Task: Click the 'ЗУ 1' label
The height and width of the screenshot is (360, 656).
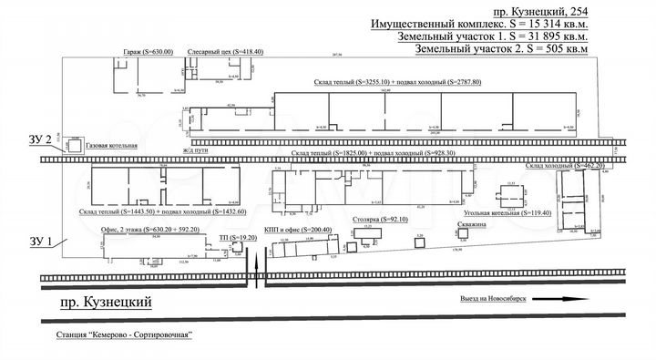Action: point(41,242)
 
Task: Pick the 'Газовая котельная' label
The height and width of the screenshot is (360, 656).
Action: point(111,146)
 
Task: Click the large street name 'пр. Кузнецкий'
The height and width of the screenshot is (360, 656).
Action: point(99,303)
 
